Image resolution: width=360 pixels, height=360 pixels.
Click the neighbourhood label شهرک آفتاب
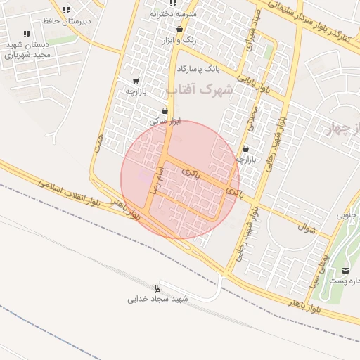[200, 90]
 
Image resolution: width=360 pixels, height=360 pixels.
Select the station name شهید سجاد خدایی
[159, 299]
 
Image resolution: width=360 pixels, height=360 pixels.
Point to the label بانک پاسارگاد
[198, 69]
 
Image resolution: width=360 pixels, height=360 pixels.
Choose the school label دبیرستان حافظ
[67, 22]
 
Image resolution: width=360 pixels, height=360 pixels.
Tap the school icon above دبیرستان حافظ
[66, 11]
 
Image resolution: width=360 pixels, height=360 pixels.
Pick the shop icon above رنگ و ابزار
[180, 30]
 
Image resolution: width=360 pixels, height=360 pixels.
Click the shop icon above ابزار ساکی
[165, 110]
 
